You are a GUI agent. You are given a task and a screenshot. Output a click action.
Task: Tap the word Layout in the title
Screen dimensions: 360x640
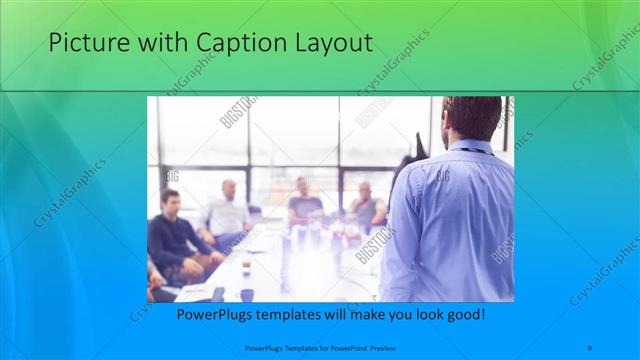[329, 44]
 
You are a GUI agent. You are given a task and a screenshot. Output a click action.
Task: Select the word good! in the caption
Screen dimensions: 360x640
[464, 315]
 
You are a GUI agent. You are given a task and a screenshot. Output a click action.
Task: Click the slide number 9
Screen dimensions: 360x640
[589, 347]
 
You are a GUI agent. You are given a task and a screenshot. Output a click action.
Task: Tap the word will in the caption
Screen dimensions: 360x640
[329, 315]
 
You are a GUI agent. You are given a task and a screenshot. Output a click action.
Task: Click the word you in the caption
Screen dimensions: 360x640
[393, 315]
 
